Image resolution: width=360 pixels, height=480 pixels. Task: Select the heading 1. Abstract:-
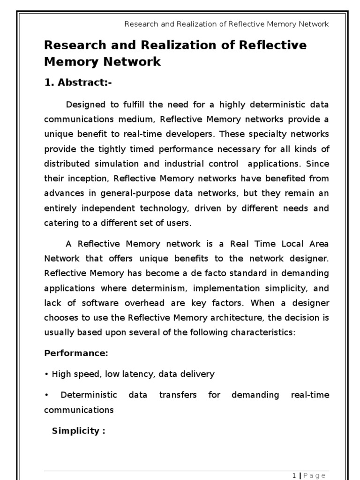point(78,83)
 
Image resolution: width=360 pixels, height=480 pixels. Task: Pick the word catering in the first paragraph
point(59,223)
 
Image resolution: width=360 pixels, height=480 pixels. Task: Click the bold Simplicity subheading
point(78,431)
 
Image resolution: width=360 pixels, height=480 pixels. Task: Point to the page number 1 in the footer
point(294,476)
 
